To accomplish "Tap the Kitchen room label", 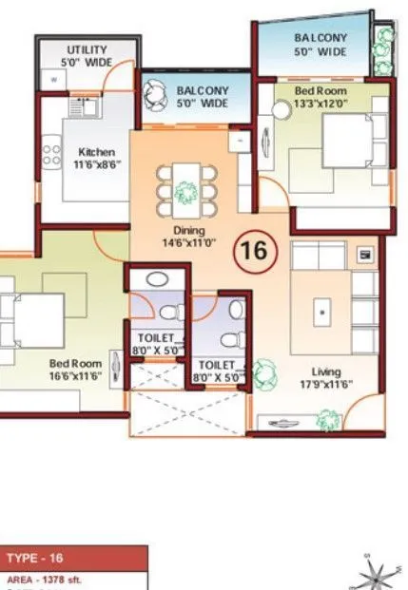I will [96, 158].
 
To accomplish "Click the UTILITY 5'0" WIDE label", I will [87, 55].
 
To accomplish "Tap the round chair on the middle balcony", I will [153, 92].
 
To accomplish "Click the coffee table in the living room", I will [324, 310].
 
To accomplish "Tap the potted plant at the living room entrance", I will [329, 417].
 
